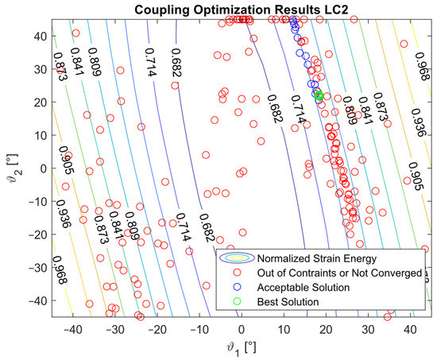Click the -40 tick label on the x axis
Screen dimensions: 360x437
click(72, 327)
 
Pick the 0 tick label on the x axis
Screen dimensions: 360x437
click(242, 327)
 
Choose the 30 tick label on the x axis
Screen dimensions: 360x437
click(368, 327)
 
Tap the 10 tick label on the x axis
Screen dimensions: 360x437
click(284, 327)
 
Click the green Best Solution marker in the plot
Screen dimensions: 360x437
click(319, 95)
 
